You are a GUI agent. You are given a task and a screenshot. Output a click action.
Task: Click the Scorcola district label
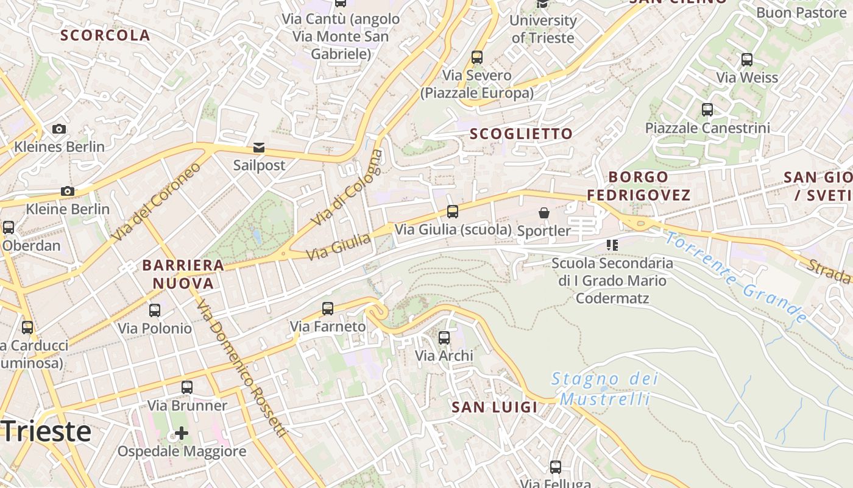[105, 35]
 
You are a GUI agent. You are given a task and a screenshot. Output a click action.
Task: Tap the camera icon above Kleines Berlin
[59, 129]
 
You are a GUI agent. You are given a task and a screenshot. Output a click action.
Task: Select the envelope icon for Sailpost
[259, 147]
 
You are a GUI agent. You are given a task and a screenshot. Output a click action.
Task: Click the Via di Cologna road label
[347, 187]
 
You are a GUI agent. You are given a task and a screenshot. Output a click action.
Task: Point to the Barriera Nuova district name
[183, 274]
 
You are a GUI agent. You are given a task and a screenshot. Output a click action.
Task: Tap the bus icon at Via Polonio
[155, 310]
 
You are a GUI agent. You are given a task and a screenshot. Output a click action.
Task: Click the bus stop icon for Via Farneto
[328, 308]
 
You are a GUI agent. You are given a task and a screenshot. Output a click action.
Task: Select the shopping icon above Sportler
[544, 213]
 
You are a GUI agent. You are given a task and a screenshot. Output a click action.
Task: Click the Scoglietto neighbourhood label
[522, 134]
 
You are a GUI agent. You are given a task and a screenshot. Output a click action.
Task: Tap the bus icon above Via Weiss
[747, 60]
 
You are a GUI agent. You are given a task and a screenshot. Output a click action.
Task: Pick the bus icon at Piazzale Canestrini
[707, 110]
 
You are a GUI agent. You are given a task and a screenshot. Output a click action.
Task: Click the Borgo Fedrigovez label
[639, 186]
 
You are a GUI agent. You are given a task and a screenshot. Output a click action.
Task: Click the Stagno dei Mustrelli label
[604, 389]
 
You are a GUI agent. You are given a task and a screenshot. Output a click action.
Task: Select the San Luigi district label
[495, 407]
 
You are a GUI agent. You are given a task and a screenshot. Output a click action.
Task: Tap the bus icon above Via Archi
[444, 337]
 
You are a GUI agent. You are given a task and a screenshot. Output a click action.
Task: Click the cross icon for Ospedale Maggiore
[182, 433]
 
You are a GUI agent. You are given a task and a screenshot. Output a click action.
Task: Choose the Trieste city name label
[46, 431]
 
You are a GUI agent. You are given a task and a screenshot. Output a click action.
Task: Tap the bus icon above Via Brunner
[187, 387]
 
